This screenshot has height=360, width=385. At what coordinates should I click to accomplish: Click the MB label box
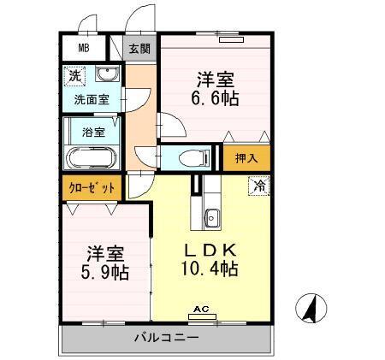(85, 48)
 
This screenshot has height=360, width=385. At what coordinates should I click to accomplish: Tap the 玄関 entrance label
(139, 49)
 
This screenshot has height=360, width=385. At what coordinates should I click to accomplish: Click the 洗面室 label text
(91, 99)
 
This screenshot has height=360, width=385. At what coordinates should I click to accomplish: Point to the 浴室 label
(94, 132)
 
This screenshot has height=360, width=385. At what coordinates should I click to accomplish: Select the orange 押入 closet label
(246, 157)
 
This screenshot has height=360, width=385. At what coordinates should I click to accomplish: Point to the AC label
(202, 309)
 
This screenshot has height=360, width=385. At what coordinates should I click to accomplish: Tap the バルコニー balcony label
(166, 338)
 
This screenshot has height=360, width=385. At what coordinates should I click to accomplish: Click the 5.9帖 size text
(104, 274)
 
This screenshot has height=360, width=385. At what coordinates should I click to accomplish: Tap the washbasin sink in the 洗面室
(107, 74)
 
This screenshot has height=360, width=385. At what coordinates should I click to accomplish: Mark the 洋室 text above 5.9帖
(104, 253)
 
